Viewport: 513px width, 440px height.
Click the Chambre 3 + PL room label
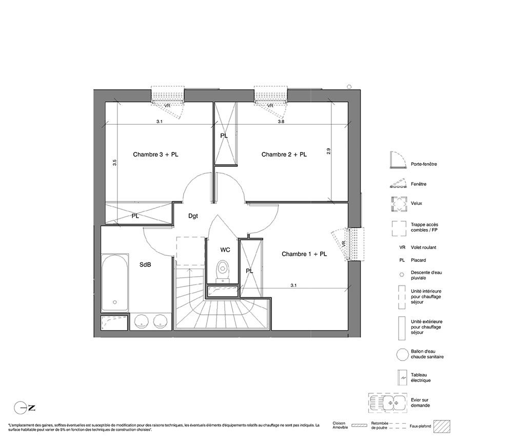(155, 155)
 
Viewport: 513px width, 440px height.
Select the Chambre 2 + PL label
(284, 155)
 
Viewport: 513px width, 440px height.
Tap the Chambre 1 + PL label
(304, 254)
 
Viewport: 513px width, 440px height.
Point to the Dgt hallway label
(193, 216)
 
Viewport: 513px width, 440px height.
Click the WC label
(225, 250)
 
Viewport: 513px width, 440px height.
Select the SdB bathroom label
(145, 264)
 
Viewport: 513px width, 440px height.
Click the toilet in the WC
(223, 272)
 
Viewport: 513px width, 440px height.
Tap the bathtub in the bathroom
(114, 282)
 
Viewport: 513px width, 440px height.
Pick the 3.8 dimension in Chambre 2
(281, 122)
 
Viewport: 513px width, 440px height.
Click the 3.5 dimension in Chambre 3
(114, 162)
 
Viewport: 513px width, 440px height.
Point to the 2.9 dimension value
(328, 151)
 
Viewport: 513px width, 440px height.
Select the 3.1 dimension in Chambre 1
(293, 285)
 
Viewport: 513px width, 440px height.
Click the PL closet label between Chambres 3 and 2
(224, 136)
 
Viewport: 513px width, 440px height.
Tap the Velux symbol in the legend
(399, 204)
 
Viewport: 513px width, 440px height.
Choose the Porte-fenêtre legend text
(424, 164)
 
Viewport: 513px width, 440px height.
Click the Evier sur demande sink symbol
(388, 403)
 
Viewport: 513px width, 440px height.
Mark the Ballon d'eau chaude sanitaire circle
(402, 355)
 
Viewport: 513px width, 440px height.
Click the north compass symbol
(25, 408)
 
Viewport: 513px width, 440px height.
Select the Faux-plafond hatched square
(442, 426)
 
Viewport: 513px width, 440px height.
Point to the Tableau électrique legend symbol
(402, 378)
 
